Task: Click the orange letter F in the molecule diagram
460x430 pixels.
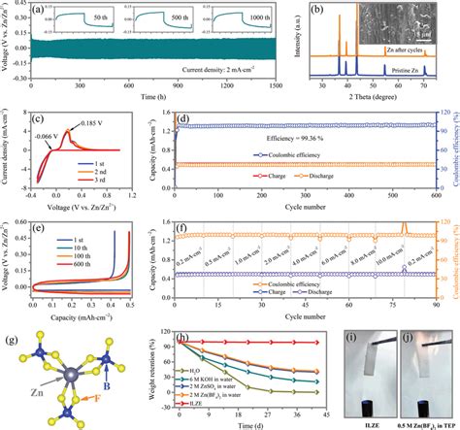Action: pos(94,370)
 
